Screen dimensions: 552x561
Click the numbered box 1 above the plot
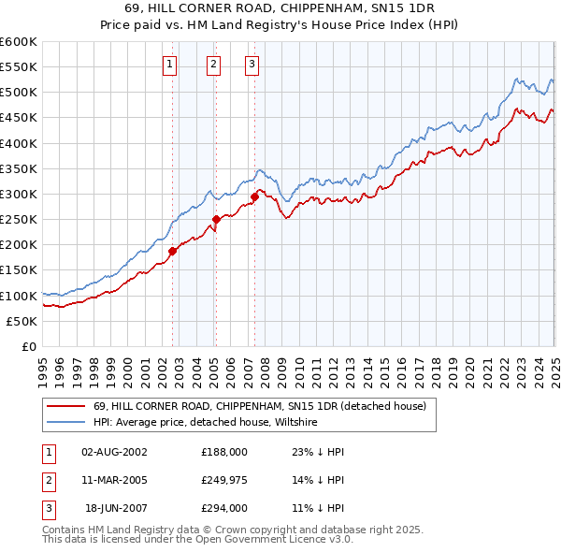(x=169, y=65)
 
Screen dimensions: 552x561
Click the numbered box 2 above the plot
(x=213, y=65)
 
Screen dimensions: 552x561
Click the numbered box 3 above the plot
(x=252, y=65)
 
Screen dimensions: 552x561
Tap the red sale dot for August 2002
(x=173, y=251)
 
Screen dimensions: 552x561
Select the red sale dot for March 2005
(x=216, y=219)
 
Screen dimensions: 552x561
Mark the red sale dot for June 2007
(x=254, y=196)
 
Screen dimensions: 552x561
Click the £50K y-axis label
(x=22, y=322)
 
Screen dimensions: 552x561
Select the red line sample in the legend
(x=66, y=406)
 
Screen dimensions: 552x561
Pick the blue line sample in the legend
(x=66, y=422)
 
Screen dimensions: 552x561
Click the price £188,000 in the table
(x=224, y=452)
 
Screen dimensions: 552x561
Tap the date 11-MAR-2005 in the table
(x=115, y=481)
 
